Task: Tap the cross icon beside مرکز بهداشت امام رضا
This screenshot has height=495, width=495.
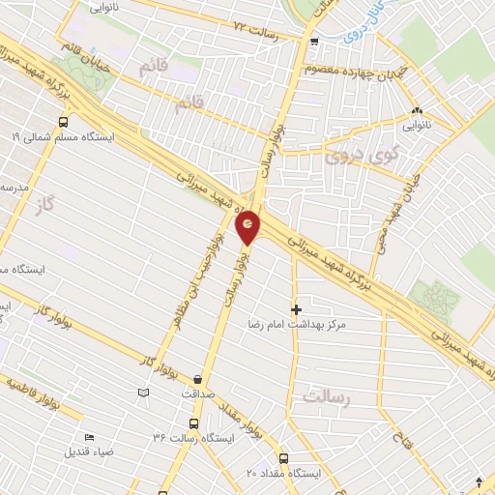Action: click(296, 308)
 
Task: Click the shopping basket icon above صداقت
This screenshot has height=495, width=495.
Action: click(198, 379)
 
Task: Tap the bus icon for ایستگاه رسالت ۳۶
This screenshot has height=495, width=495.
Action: click(194, 423)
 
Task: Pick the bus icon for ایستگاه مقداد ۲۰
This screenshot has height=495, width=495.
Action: click(283, 458)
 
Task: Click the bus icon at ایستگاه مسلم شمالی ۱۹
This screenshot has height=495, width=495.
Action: click(63, 122)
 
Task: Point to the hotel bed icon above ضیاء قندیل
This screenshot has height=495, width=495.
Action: click(89, 437)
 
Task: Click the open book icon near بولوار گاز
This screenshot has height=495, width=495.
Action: click(144, 393)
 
